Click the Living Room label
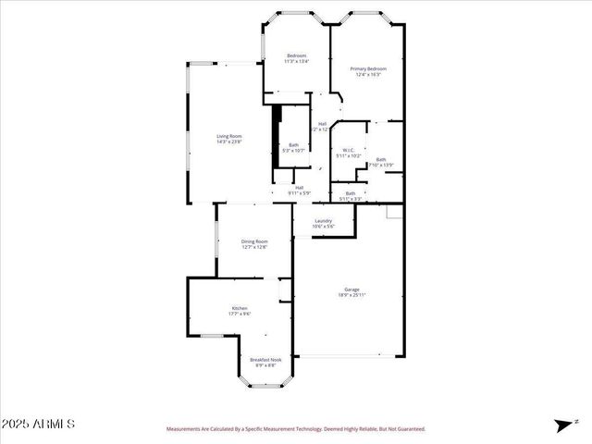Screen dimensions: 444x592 229,136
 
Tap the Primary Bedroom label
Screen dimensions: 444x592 367,68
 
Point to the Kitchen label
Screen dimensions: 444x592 240,308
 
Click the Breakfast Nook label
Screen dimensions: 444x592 266,360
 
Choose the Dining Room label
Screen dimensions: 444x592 254,241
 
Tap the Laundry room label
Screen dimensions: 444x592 323,220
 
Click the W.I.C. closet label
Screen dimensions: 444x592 349,150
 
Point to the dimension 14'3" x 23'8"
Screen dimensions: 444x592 229,142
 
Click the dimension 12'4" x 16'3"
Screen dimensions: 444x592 367,74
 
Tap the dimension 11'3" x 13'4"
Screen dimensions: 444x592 296,62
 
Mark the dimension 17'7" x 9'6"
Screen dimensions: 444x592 240,314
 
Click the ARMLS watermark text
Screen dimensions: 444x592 38,424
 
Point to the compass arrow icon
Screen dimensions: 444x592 561,425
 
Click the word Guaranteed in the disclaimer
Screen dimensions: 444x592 407,429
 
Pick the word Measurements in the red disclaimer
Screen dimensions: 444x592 188,429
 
